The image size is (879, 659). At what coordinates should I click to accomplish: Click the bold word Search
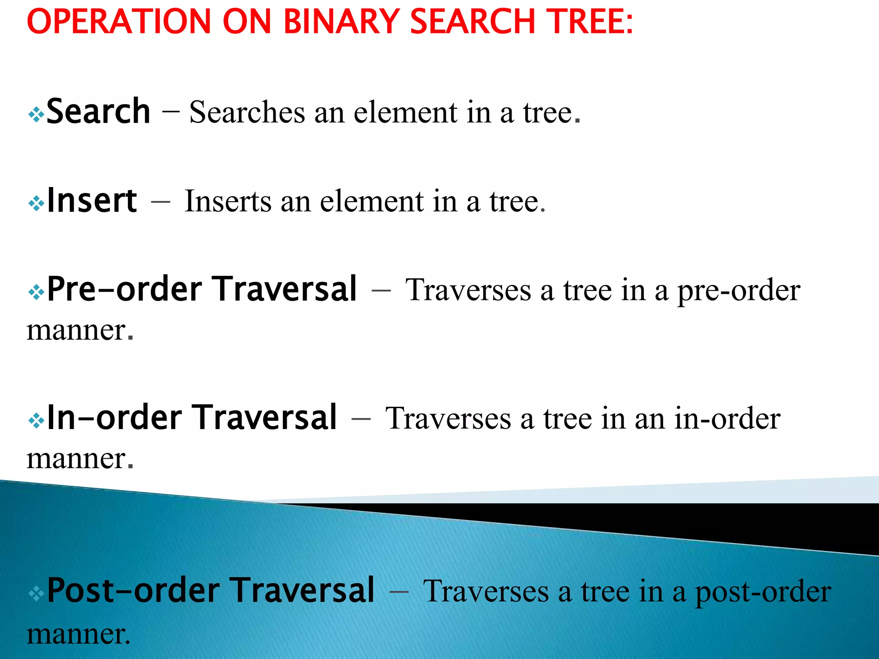click(98, 112)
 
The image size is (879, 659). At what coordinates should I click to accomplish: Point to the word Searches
click(247, 112)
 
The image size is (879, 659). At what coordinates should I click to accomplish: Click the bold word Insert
click(92, 201)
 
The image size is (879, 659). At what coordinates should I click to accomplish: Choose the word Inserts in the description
click(228, 201)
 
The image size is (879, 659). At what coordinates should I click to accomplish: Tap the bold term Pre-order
click(124, 289)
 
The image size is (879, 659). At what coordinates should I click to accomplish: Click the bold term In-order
click(114, 417)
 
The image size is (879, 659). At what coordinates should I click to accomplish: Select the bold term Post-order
click(133, 591)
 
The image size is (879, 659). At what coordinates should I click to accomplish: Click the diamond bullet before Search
click(36, 115)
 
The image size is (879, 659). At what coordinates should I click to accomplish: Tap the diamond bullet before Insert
click(36, 203)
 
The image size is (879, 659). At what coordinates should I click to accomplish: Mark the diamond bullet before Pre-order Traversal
click(36, 293)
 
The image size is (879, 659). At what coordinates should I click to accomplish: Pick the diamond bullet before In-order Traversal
click(36, 421)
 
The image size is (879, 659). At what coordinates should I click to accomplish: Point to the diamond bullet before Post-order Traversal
click(36, 594)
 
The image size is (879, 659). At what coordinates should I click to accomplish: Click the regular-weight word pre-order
click(739, 291)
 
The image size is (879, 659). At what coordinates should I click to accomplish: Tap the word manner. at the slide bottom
click(79, 634)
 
